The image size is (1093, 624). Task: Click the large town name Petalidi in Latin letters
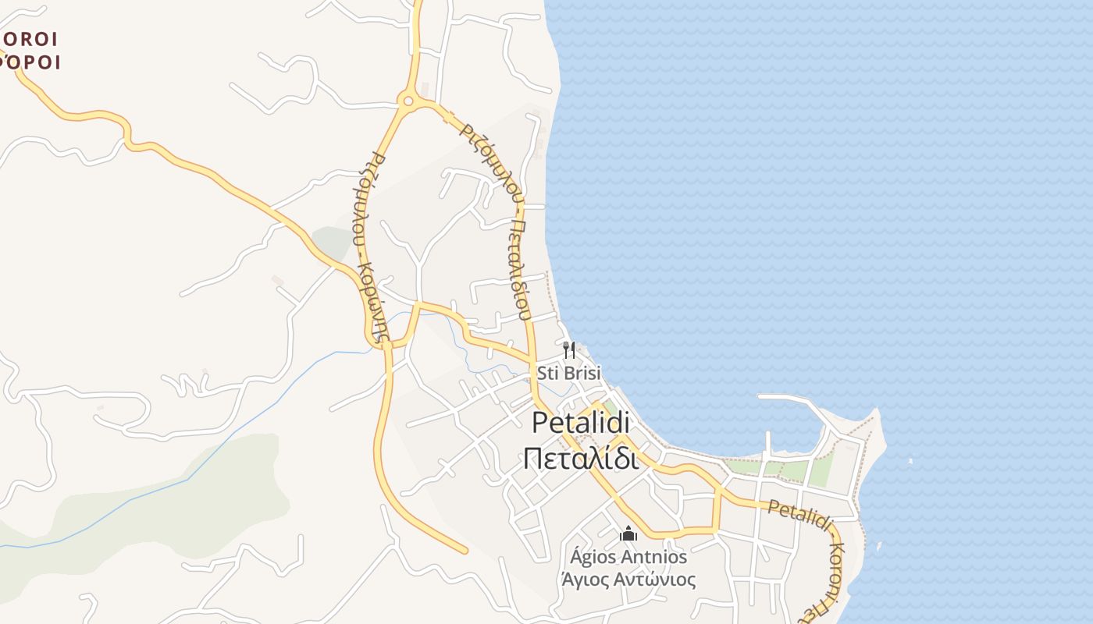[582, 422]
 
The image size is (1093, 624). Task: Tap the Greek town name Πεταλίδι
[582, 459]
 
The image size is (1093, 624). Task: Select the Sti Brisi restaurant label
[569, 373]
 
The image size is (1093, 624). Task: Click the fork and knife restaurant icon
[569, 350]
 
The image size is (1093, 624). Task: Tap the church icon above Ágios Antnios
[628, 534]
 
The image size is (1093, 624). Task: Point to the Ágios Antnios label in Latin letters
[628, 557]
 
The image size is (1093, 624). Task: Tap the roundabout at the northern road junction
[406, 100]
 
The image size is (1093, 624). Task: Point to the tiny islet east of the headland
[910, 462]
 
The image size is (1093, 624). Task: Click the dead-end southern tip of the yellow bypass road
[465, 551]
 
